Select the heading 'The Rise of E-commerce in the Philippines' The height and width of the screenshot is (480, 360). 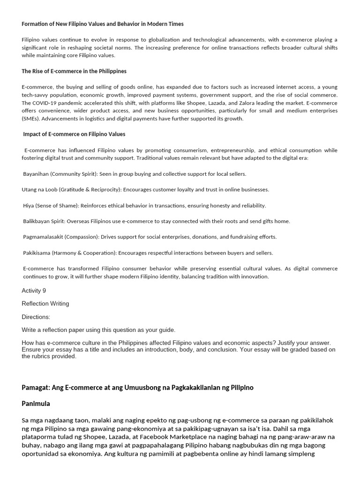pyautogui.click(x=74, y=71)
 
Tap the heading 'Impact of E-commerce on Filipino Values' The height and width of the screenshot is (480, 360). pyautogui.click(x=74, y=134)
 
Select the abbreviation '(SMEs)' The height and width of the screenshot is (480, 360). pyautogui.click(x=31, y=119)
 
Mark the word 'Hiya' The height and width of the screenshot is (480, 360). pyautogui.click(x=29, y=206)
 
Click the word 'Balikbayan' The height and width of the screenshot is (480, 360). pyautogui.click(x=38, y=221)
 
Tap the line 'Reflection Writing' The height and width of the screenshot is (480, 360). pyautogui.click(x=45, y=304)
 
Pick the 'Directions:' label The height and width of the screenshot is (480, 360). pyautogui.click(x=36, y=317)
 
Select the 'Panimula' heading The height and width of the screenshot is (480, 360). pyautogui.click(x=36, y=404)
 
